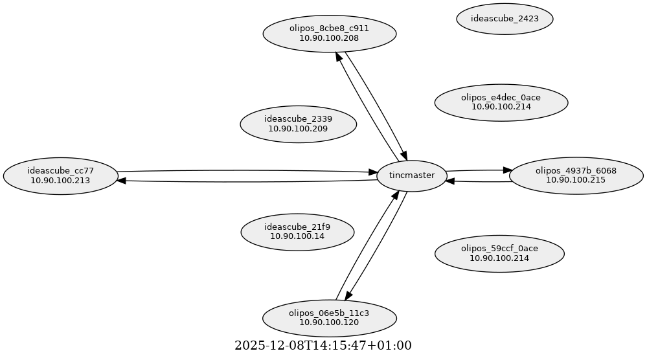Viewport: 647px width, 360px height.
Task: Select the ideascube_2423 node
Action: point(505,19)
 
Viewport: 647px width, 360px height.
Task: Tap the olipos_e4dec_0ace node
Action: point(501,102)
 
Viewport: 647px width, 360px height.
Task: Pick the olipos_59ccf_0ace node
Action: point(499,253)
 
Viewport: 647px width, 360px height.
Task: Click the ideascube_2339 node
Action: point(298,124)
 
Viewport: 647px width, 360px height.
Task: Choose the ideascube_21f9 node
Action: point(297,231)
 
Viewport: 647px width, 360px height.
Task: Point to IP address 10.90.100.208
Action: point(329,38)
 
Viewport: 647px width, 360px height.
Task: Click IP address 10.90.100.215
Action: point(575,180)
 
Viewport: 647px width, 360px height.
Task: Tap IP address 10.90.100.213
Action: point(60,180)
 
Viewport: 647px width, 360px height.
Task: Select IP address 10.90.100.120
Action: point(329,322)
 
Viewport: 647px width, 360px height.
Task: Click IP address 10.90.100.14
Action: point(297,236)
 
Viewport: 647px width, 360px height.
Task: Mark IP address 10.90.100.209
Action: point(298,129)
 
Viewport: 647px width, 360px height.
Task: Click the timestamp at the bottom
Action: point(323,346)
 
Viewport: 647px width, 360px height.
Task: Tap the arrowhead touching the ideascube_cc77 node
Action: point(122,181)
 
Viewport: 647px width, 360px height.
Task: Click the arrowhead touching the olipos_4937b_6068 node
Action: point(505,170)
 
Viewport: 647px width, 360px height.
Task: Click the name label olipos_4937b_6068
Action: point(575,170)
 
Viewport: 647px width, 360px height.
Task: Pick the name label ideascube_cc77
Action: point(60,170)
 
